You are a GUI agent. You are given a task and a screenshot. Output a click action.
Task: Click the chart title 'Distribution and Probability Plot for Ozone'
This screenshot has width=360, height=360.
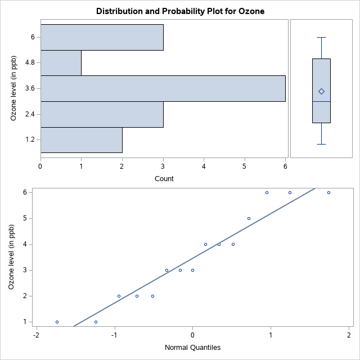click(180, 11)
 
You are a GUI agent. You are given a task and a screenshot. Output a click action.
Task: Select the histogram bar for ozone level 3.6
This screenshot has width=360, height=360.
click(163, 88)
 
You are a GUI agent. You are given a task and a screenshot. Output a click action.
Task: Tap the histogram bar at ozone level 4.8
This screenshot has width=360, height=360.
click(61, 63)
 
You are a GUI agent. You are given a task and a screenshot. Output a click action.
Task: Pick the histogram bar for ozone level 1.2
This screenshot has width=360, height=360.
click(82, 139)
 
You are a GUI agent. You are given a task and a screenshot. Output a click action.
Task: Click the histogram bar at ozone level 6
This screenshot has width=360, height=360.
click(102, 37)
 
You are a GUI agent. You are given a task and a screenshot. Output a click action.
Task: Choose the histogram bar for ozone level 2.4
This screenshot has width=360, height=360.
click(102, 114)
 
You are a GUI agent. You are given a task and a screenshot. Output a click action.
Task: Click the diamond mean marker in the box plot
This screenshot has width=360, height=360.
click(321, 91)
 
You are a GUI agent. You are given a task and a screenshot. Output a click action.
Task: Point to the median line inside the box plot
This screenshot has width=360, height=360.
click(321, 101)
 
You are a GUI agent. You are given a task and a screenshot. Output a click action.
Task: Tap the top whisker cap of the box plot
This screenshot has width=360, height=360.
click(321, 37)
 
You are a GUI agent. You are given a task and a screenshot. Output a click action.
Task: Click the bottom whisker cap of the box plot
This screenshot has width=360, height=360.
click(321, 144)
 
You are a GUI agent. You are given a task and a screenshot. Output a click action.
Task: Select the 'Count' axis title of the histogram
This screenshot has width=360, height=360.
click(164, 179)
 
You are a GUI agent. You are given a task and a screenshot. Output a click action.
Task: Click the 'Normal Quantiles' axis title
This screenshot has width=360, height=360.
click(192, 347)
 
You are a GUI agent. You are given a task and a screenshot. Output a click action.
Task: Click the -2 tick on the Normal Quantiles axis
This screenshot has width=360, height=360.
click(35, 335)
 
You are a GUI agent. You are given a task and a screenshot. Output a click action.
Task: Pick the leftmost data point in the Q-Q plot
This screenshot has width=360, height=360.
click(57, 322)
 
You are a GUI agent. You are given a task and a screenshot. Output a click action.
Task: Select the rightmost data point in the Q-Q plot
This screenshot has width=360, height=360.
click(328, 192)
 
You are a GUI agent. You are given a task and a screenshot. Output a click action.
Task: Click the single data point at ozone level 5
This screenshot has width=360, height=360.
click(249, 218)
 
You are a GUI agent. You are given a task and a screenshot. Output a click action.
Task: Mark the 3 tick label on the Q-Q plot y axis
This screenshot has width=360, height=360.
click(25, 270)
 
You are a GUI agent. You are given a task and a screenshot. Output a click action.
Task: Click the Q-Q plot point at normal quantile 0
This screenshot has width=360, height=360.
click(192, 270)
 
